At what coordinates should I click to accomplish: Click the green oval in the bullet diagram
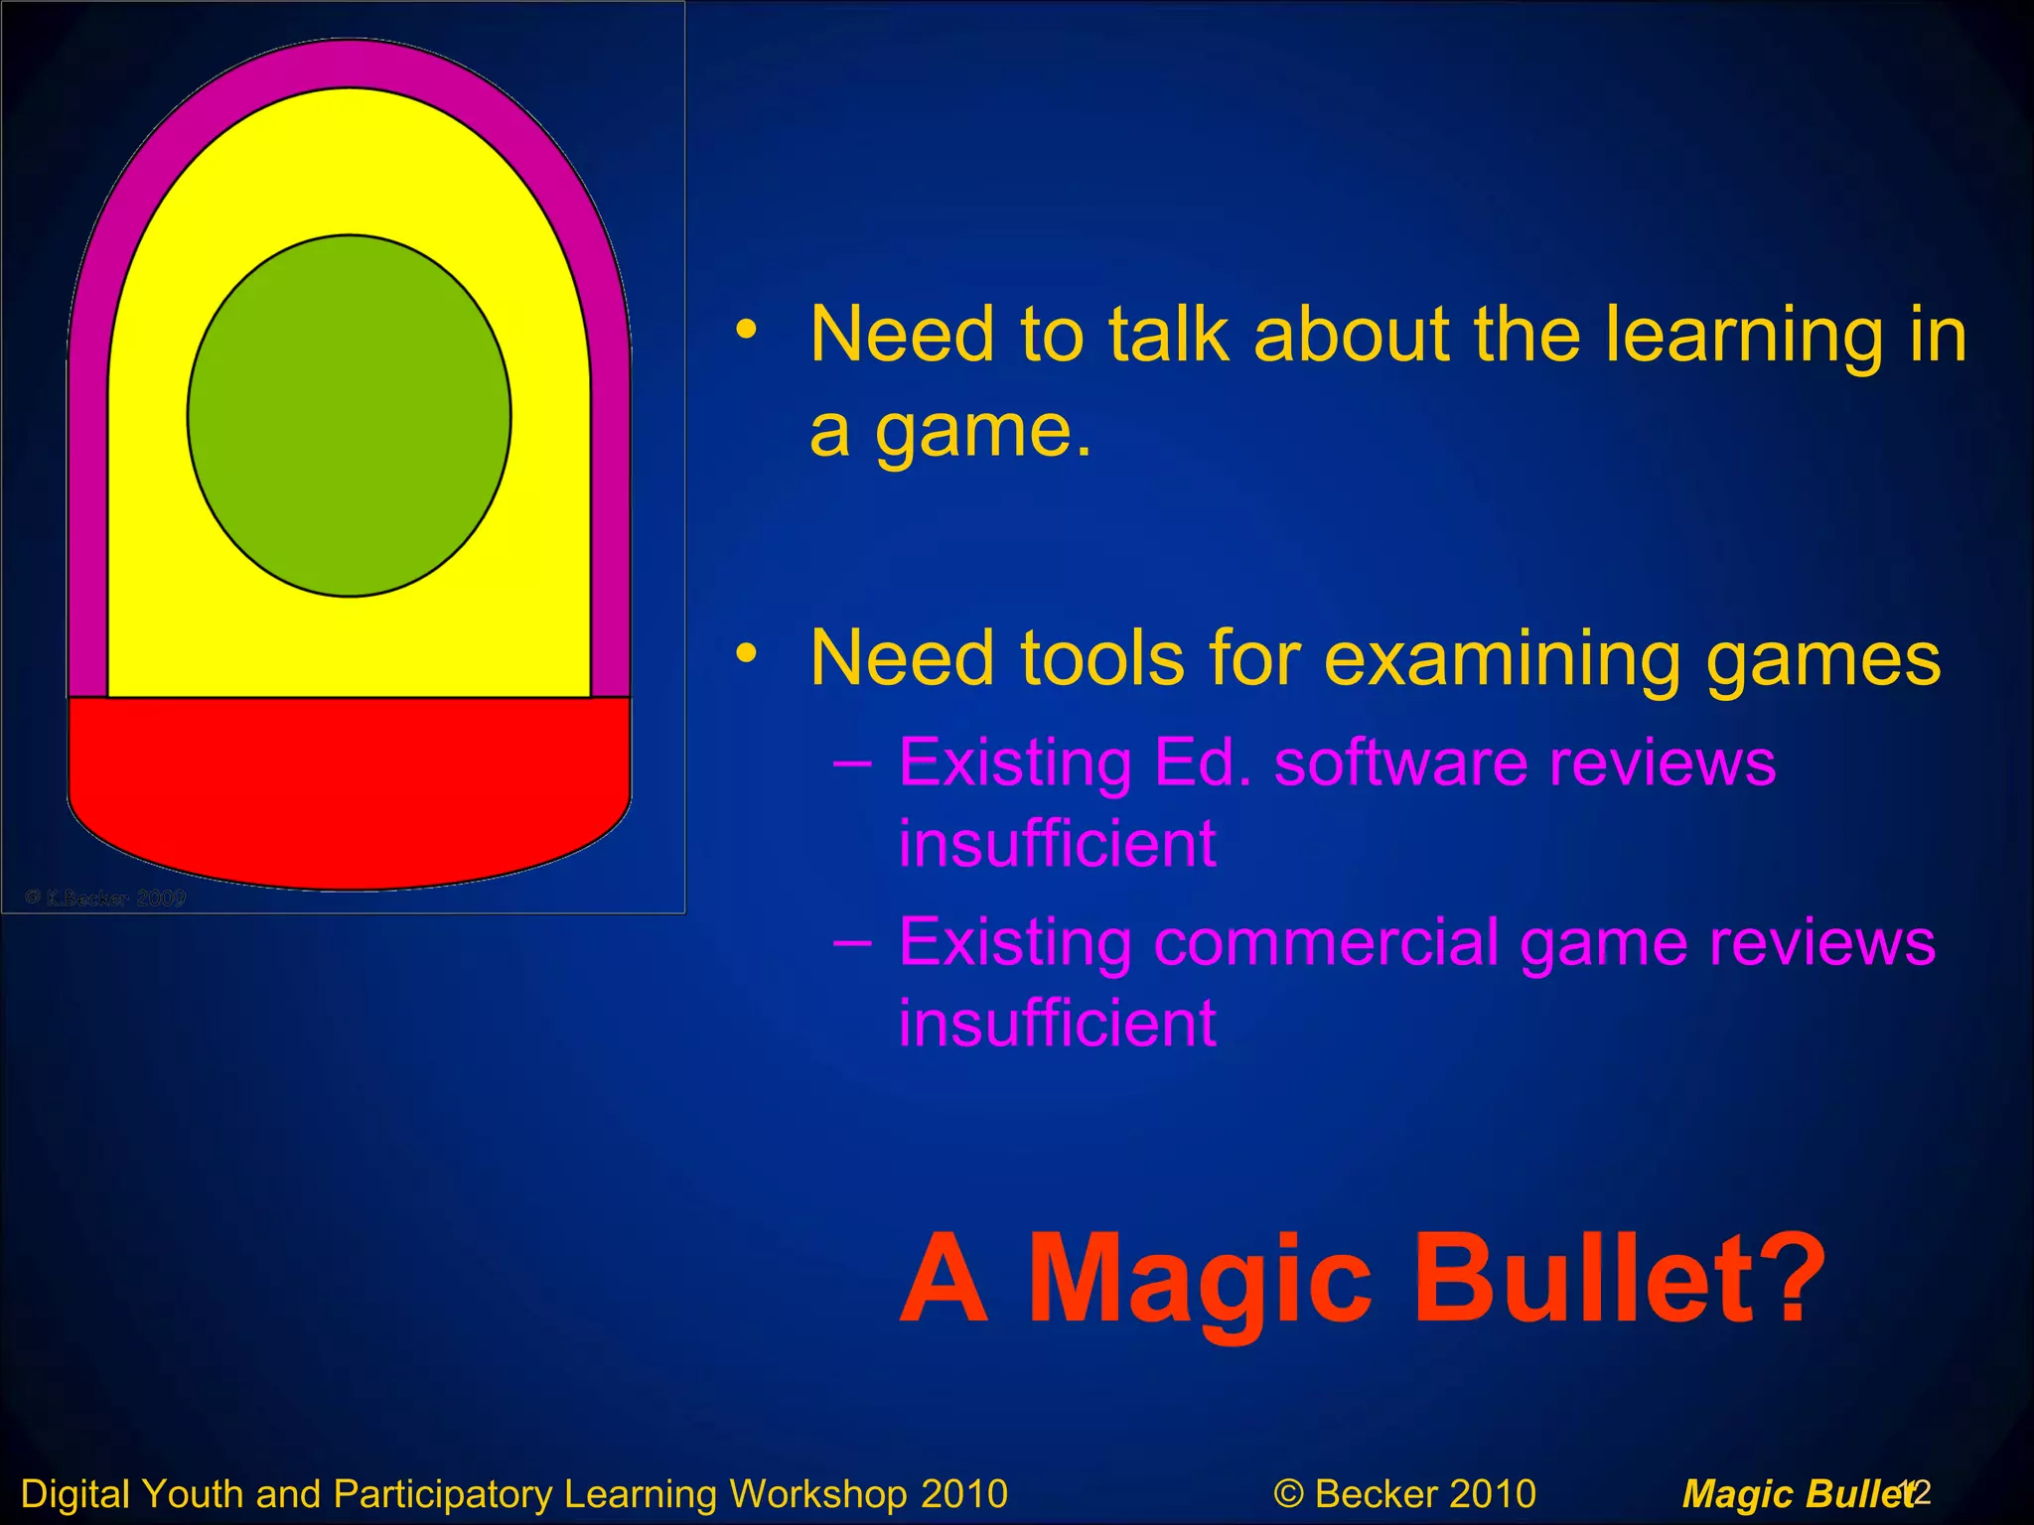click(x=349, y=415)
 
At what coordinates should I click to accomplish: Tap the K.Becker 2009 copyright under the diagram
click(x=106, y=899)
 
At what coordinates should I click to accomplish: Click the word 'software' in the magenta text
click(x=1400, y=763)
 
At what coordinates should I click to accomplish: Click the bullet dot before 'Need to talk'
click(x=747, y=329)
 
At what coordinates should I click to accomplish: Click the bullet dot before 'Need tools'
click(x=747, y=653)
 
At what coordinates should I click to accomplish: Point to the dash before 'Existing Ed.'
click(x=852, y=763)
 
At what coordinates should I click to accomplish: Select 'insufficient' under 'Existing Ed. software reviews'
click(x=1057, y=844)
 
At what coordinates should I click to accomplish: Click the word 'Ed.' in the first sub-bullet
click(x=1203, y=763)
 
